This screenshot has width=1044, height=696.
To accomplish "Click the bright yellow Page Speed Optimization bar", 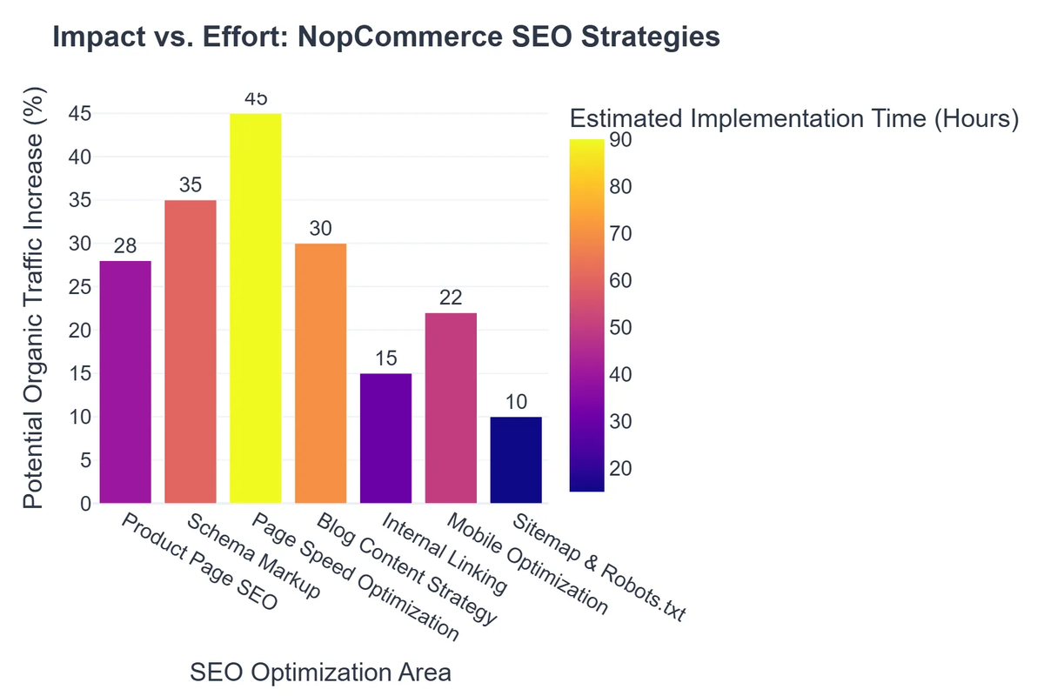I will pyautogui.click(x=256, y=308).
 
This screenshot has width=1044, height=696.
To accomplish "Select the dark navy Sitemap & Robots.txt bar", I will pyautogui.click(x=516, y=459).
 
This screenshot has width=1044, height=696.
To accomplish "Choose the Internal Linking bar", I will pyautogui.click(x=385, y=438).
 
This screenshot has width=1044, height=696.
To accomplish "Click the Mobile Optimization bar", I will pyautogui.click(x=451, y=407).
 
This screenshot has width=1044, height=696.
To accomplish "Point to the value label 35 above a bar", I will pyautogui.click(x=191, y=185).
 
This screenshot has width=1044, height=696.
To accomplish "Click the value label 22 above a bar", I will pyautogui.click(x=451, y=298).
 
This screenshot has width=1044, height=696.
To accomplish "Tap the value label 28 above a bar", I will pyautogui.click(x=125, y=246).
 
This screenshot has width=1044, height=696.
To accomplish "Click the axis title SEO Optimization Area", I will pyautogui.click(x=320, y=673).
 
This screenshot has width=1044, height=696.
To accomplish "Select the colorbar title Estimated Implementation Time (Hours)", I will pyautogui.click(x=793, y=119).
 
